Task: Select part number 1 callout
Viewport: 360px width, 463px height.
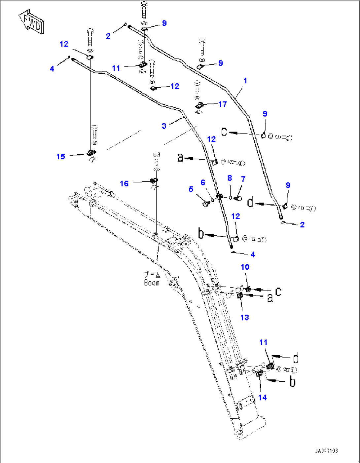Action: (x=245, y=81)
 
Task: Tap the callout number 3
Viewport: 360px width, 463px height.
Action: (x=164, y=126)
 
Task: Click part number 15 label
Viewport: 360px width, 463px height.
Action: (x=61, y=157)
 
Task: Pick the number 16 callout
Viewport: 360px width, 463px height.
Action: (x=124, y=183)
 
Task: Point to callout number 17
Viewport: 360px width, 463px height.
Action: (x=223, y=104)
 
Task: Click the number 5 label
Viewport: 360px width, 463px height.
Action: (x=191, y=189)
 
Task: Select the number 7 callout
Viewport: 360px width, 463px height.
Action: (x=243, y=179)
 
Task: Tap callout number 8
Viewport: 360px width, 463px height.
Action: (x=230, y=178)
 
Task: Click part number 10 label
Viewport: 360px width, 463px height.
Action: (x=245, y=267)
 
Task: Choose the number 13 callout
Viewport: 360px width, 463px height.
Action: (x=244, y=318)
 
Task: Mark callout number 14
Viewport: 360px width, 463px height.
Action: (x=262, y=398)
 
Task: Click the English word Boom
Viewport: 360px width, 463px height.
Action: (x=152, y=283)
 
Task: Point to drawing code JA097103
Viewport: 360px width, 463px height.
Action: (x=326, y=451)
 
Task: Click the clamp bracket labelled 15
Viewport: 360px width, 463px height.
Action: (x=91, y=153)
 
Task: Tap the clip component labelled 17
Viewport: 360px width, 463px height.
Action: (x=199, y=106)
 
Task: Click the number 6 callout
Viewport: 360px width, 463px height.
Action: (x=202, y=182)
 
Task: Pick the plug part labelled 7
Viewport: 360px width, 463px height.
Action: (x=237, y=198)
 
